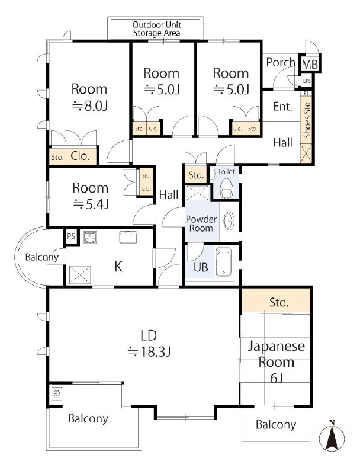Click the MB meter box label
pos(310,64)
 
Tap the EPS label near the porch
pos(307,81)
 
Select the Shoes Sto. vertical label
pos(307,119)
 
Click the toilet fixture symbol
pos(226,188)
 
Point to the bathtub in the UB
pos(224,262)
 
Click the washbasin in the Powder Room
pos(229,220)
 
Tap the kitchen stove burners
pos(90,237)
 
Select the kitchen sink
pos(128,237)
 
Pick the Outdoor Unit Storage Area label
pos(157,28)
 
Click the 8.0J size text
pos(90,105)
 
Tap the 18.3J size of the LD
pos(149,351)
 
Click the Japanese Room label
pos(277,354)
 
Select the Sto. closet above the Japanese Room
pos(276,302)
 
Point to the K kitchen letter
pos(118,267)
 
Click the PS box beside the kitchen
pos(71,236)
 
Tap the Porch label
pos(281,62)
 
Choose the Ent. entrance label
pos(282,107)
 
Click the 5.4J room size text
pos(91,204)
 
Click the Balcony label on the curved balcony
pos(41,257)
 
